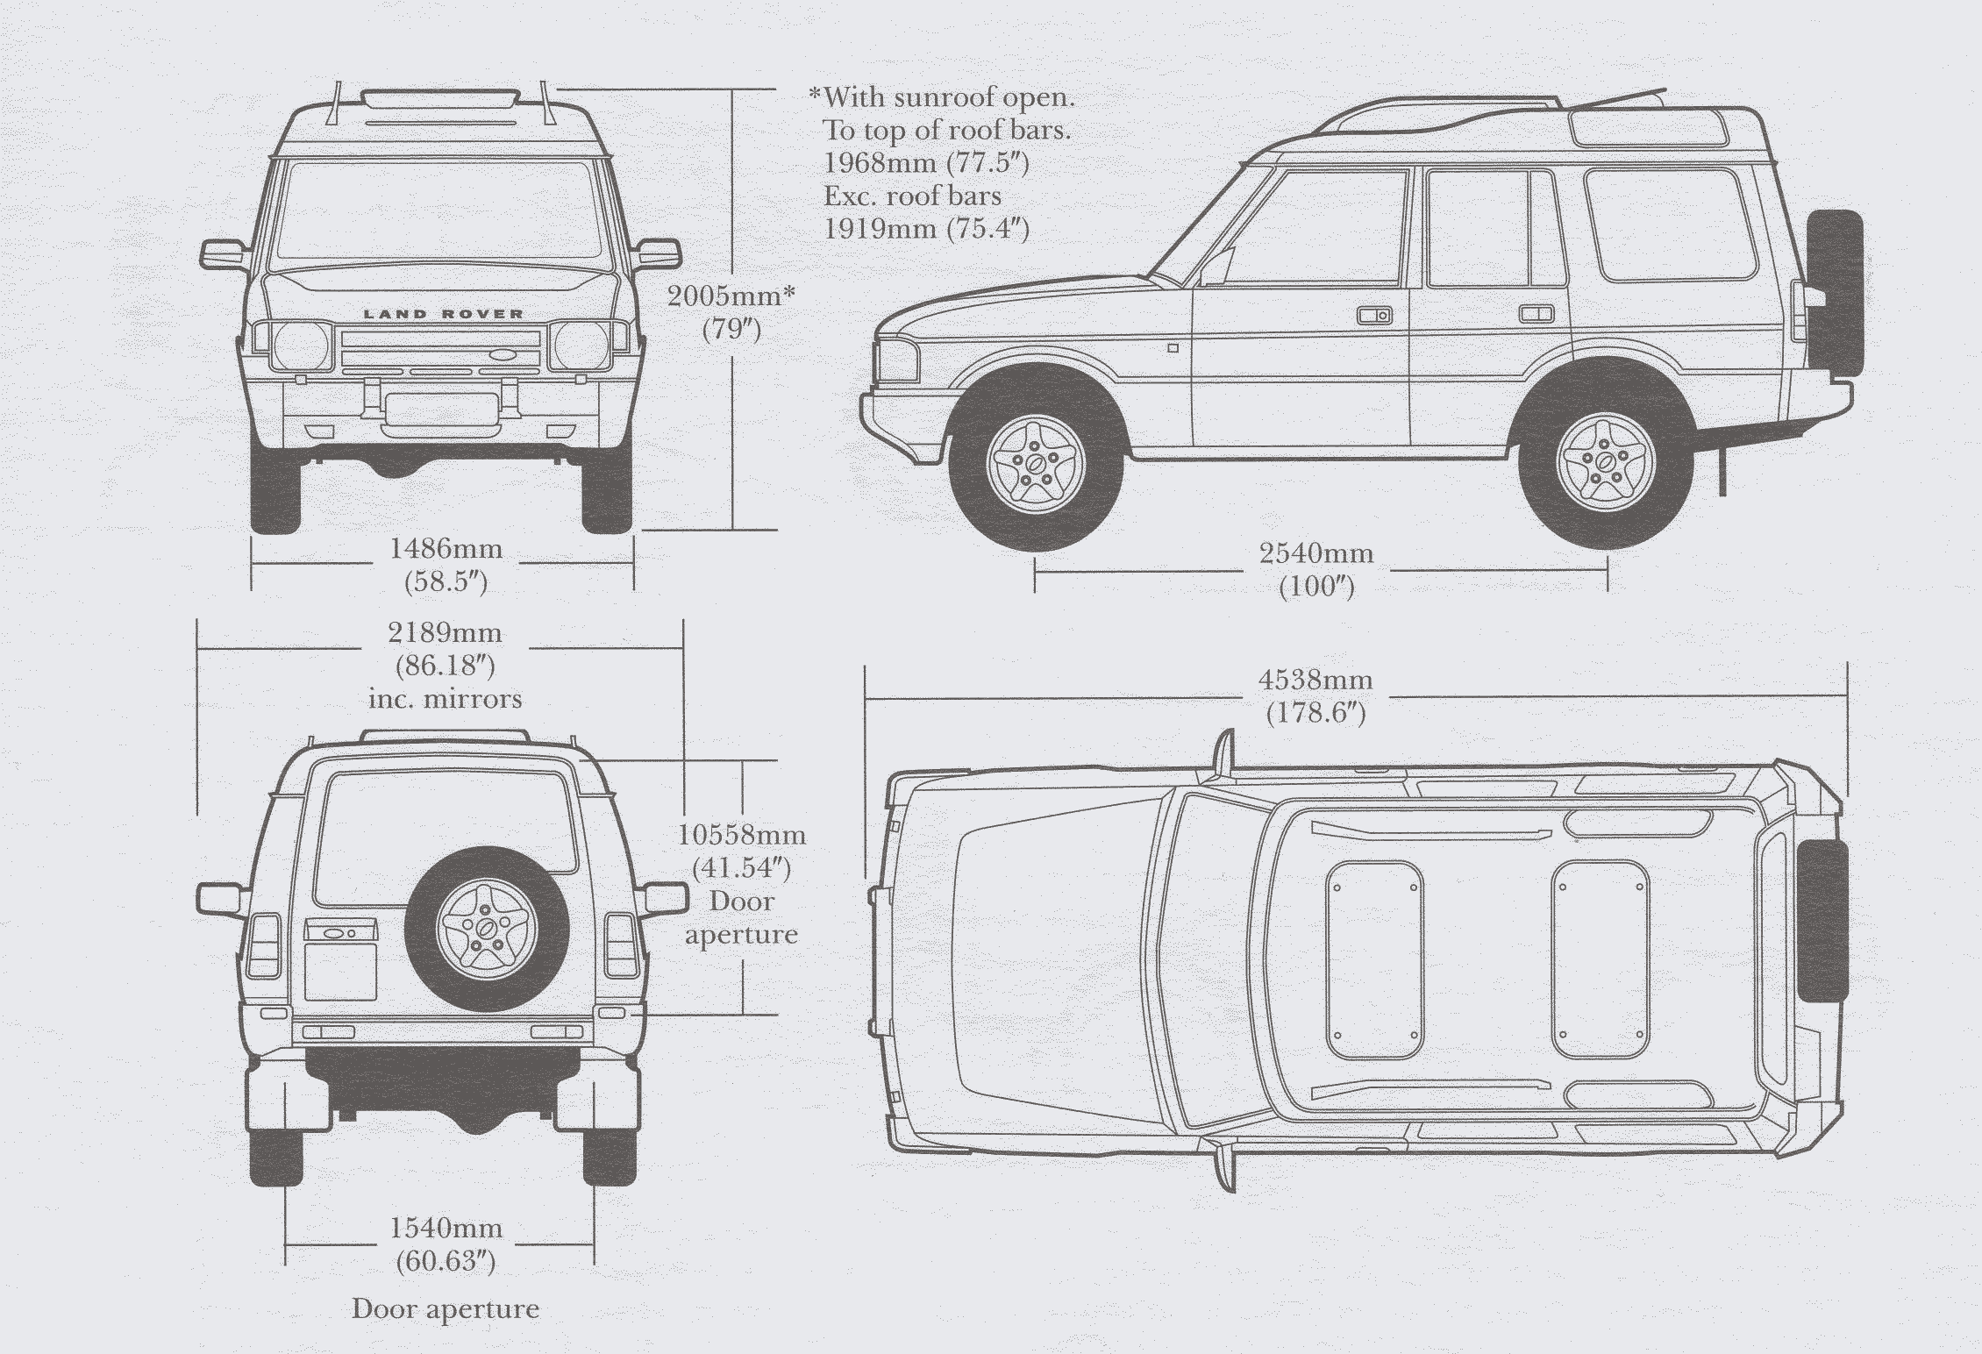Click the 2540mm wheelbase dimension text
tap(1316, 554)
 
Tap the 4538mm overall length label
tap(1315, 681)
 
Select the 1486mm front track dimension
tap(446, 550)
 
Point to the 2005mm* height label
tap(731, 296)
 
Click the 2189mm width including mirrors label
tap(445, 633)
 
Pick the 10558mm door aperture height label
tap(742, 835)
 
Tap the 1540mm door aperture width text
tap(446, 1229)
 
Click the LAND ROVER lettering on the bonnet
tap(443, 314)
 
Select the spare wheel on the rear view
tap(485, 929)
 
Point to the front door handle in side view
tap(1373, 315)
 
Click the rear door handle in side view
tap(1536, 313)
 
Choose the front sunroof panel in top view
tap(1374, 960)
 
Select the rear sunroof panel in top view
tap(1600, 958)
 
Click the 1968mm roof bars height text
tap(926, 163)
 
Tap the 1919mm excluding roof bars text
tap(926, 229)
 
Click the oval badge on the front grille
tap(505, 355)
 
